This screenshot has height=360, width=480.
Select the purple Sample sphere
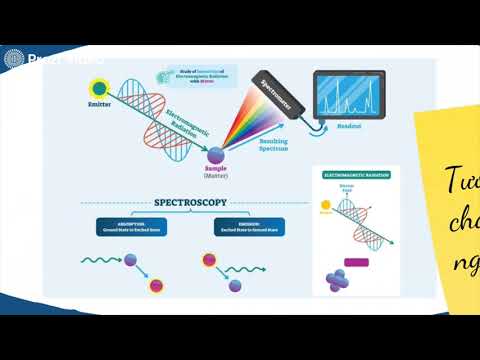216,152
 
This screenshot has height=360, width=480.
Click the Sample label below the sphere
216,170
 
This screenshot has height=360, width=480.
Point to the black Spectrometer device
274,98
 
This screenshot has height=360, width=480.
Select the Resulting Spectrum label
274,147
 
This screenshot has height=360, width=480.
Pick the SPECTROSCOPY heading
190,202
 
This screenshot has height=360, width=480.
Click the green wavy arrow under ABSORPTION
101,263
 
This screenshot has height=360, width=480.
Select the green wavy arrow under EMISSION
244,269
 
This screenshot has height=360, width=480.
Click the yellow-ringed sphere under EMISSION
210,262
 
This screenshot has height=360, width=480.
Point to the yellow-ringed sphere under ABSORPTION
157,287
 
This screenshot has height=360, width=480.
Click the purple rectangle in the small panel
356,262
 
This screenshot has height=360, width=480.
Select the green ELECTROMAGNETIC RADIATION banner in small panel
355,175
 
